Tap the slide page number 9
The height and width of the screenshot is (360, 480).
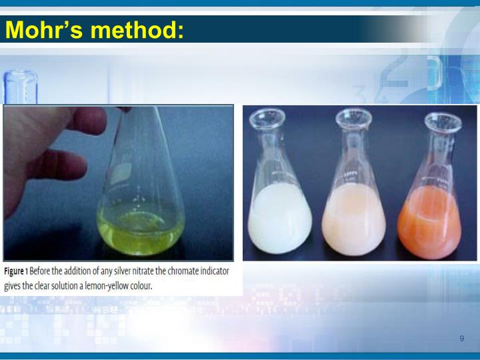461,339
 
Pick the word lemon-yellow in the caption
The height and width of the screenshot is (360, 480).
105,286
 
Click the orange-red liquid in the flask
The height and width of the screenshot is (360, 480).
429,223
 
